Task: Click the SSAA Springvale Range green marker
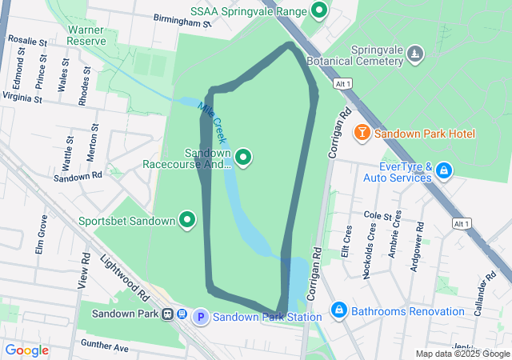point(319,11)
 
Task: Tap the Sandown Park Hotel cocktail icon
point(362,132)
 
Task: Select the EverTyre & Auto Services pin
point(444,170)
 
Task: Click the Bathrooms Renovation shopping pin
point(339,310)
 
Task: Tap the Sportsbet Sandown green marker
point(188,219)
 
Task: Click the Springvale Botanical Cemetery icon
point(415,54)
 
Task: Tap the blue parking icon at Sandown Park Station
point(201,318)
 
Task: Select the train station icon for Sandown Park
point(169,314)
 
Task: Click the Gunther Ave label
point(104,347)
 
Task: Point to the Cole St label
point(382,215)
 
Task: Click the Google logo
point(26,350)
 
